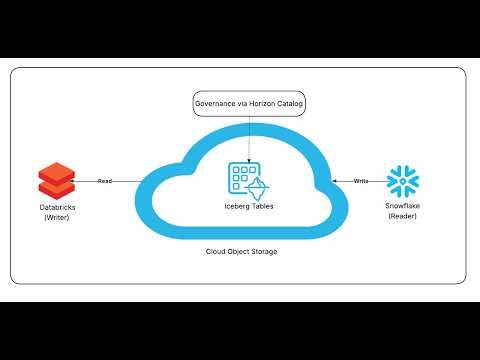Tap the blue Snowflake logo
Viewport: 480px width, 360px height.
click(x=403, y=179)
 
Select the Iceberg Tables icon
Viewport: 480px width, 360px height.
click(x=244, y=181)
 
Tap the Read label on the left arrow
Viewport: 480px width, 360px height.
click(x=103, y=181)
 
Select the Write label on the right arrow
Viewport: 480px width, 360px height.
click(x=360, y=181)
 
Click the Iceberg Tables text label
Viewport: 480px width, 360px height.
click(x=245, y=206)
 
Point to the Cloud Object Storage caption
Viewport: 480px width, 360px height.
click(x=244, y=251)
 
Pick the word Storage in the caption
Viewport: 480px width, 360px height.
click(x=265, y=251)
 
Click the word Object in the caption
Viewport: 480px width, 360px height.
click(x=240, y=251)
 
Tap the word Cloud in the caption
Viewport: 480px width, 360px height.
click(x=219, y=251)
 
